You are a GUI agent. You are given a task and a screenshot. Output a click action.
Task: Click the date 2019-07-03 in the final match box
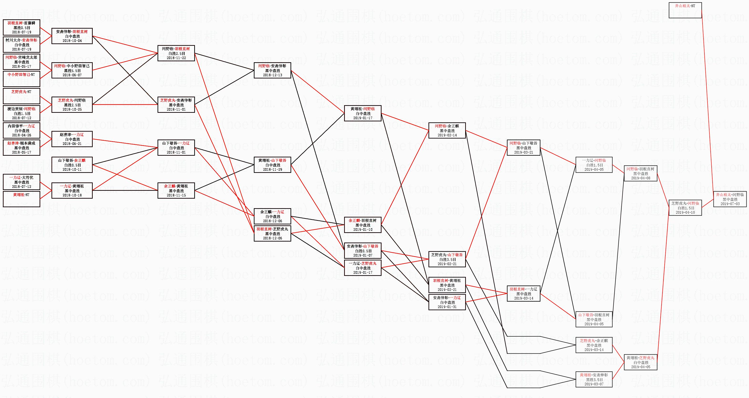[730, 204]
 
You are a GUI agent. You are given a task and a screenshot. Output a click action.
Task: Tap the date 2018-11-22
[176, 58]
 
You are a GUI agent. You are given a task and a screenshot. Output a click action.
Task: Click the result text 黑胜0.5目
[21, 28]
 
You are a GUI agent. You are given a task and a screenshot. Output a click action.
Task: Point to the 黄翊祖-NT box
[21, 199]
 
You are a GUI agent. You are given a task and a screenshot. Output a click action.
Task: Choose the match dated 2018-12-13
[272, 70]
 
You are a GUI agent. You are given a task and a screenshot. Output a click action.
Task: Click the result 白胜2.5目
[176, 53]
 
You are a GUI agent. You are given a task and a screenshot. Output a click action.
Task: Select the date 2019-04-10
[685, 212]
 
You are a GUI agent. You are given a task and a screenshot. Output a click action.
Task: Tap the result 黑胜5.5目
[72, 71]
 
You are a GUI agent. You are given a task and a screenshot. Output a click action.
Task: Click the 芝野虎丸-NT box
[21, 96]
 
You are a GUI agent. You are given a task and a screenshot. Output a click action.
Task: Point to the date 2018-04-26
[21, 135]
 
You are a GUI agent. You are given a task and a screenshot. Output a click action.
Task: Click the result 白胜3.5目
[447, 259]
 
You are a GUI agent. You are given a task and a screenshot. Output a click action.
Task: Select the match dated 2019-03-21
[523, 148]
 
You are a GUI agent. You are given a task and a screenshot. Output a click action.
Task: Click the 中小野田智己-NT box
[21, 78]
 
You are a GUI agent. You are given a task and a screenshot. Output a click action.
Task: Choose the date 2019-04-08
[641, 178]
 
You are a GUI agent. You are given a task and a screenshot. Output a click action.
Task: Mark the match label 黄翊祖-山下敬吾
[272, 160]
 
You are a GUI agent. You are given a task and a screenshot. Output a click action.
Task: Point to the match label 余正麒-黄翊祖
[176, 186]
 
